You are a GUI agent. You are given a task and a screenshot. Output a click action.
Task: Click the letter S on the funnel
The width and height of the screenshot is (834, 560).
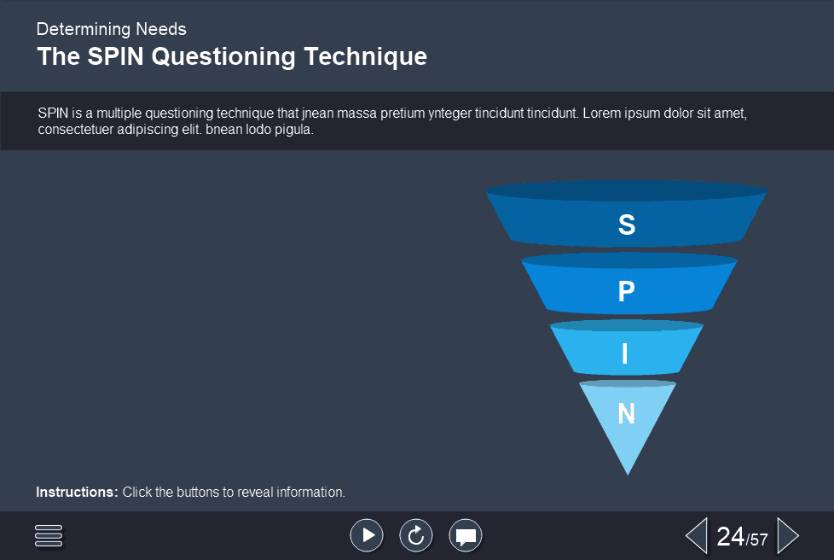pos(626,225)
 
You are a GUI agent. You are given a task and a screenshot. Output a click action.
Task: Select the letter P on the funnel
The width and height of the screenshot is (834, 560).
pos(626,292)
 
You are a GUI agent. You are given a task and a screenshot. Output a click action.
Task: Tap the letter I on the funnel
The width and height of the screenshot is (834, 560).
pos(625,353)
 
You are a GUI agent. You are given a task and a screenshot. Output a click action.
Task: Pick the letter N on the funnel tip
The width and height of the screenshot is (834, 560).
pos(626,414)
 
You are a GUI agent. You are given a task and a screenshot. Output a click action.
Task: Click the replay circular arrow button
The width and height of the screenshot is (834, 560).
pos(416,535)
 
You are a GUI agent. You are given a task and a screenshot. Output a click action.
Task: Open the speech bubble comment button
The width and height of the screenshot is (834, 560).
pos(466,535)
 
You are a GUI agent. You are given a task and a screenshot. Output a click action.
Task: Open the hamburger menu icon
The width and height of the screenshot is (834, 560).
pos(49,535)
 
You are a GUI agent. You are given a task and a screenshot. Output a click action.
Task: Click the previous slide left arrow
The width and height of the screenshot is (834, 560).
pos(697,535)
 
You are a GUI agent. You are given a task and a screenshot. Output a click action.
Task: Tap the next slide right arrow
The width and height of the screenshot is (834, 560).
pos(788,535)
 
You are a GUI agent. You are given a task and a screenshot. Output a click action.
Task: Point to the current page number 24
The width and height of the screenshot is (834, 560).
pos(731,536)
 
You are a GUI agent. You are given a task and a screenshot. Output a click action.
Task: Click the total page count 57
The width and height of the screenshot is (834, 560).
pos(759,540)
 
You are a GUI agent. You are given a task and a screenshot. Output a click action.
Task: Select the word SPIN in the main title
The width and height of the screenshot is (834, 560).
pos(114,57)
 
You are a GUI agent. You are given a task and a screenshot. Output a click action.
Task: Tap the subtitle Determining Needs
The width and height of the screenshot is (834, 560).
pos(111,29)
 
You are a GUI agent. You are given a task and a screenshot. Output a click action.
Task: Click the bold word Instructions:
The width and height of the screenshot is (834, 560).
pos(77,493)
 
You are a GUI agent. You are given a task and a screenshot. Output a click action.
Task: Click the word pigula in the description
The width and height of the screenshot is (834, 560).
pos(295,131)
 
